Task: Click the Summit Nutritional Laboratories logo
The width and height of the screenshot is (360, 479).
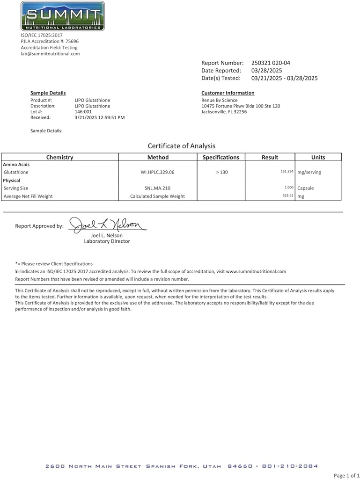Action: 62,16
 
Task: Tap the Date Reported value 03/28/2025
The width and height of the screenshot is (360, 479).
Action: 266,70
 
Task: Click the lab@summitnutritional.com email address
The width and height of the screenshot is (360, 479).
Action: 50,54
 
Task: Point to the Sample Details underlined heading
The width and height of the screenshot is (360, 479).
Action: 48,93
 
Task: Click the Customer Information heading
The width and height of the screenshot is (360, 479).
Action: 228,93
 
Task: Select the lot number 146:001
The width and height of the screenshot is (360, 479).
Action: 83,112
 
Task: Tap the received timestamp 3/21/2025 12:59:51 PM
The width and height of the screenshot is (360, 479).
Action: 99,117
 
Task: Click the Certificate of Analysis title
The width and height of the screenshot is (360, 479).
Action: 182,146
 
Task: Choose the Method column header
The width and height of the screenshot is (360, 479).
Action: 158,157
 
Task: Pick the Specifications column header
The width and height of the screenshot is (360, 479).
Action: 220,157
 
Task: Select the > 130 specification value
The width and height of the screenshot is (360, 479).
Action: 222,172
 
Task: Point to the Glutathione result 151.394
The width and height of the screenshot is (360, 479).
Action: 287,172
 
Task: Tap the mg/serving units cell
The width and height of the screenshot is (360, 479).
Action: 309,172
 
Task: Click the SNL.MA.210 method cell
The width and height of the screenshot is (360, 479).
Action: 157,188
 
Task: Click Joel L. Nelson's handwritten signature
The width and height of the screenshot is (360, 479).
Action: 108,225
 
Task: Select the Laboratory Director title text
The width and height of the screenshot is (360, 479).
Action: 107,241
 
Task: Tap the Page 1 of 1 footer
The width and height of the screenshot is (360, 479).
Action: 346,475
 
